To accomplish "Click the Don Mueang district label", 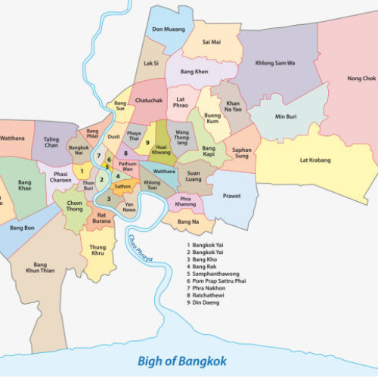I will pyautogui.click(x=169, y=29).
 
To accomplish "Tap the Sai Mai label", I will pyautogui.click(x=212, y=42).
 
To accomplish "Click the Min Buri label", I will pyautogui.click(x=286, y=117).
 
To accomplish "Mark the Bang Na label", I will pyautogui.click(x=188, y=222).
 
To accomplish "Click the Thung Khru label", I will pyautogui.click(x=98, y=250).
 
